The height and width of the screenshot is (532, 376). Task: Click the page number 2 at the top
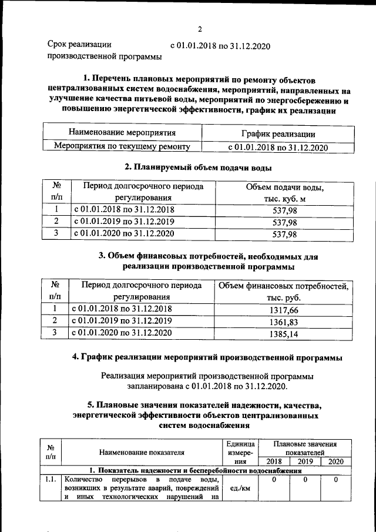(x=199, y=29)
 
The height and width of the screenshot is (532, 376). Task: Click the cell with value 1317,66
(x=284, y=309)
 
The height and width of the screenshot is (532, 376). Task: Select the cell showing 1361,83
(x=284, y=321)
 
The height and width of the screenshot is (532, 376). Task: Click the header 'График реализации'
(x=278, y=135)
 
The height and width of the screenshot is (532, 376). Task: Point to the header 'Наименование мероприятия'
(x=122, y=133)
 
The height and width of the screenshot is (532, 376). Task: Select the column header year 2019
(x=306, y=462)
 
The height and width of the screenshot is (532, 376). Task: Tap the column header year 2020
(x=336, y=462)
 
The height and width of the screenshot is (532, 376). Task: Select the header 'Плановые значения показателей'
(x=305, y=448)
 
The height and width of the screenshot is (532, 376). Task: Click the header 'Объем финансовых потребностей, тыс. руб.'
(x=284, y=292)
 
